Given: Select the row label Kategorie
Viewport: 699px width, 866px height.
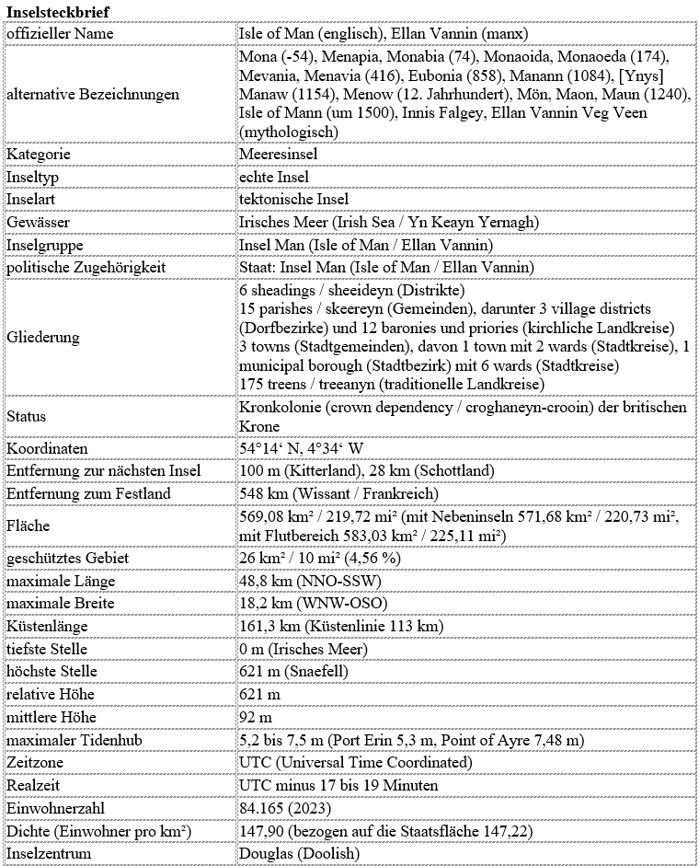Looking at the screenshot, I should [x=39, y=154].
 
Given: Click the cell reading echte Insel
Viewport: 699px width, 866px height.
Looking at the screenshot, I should [x=272, y=177].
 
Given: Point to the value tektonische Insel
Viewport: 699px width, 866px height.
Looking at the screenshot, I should [x=293, y=200].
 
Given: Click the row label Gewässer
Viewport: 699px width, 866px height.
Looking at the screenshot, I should [x=38, y=223].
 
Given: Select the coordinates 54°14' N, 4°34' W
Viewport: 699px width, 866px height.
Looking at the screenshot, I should [x=301, y=448].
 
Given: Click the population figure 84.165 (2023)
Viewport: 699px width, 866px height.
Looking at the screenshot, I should [x=284, y=808].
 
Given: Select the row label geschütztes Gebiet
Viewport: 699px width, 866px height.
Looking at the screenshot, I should [x=67, y=558].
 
